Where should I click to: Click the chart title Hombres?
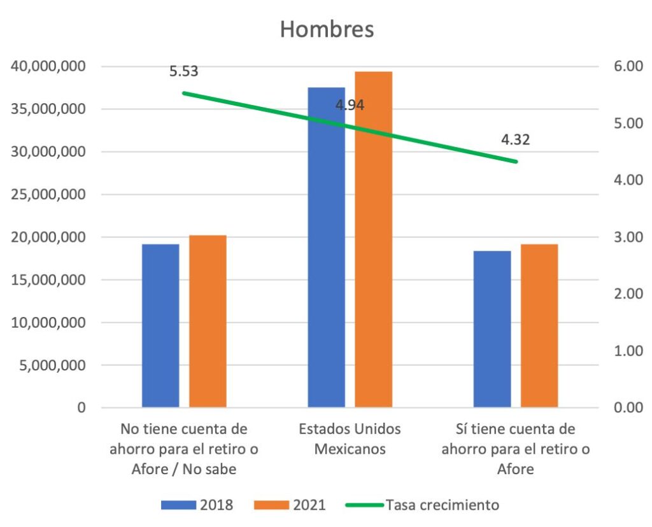pos(327,30)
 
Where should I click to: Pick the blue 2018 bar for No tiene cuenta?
pos(160,325)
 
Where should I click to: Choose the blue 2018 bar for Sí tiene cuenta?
pos(492,328)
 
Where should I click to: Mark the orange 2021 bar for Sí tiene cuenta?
pos(539,325)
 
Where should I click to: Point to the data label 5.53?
pos(184,71)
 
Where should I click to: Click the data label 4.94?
pos(350,106)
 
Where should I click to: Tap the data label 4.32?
pos(515,140)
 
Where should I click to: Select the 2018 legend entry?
pos(197,505)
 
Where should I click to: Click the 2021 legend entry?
pos(290,505)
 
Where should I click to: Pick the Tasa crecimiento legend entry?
pos(422,505)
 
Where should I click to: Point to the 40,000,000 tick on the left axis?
pos(49,66)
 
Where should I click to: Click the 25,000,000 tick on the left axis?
pos(49,194)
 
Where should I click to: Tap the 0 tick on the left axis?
pos(81,407)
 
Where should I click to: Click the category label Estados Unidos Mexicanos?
pos(350,439)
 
